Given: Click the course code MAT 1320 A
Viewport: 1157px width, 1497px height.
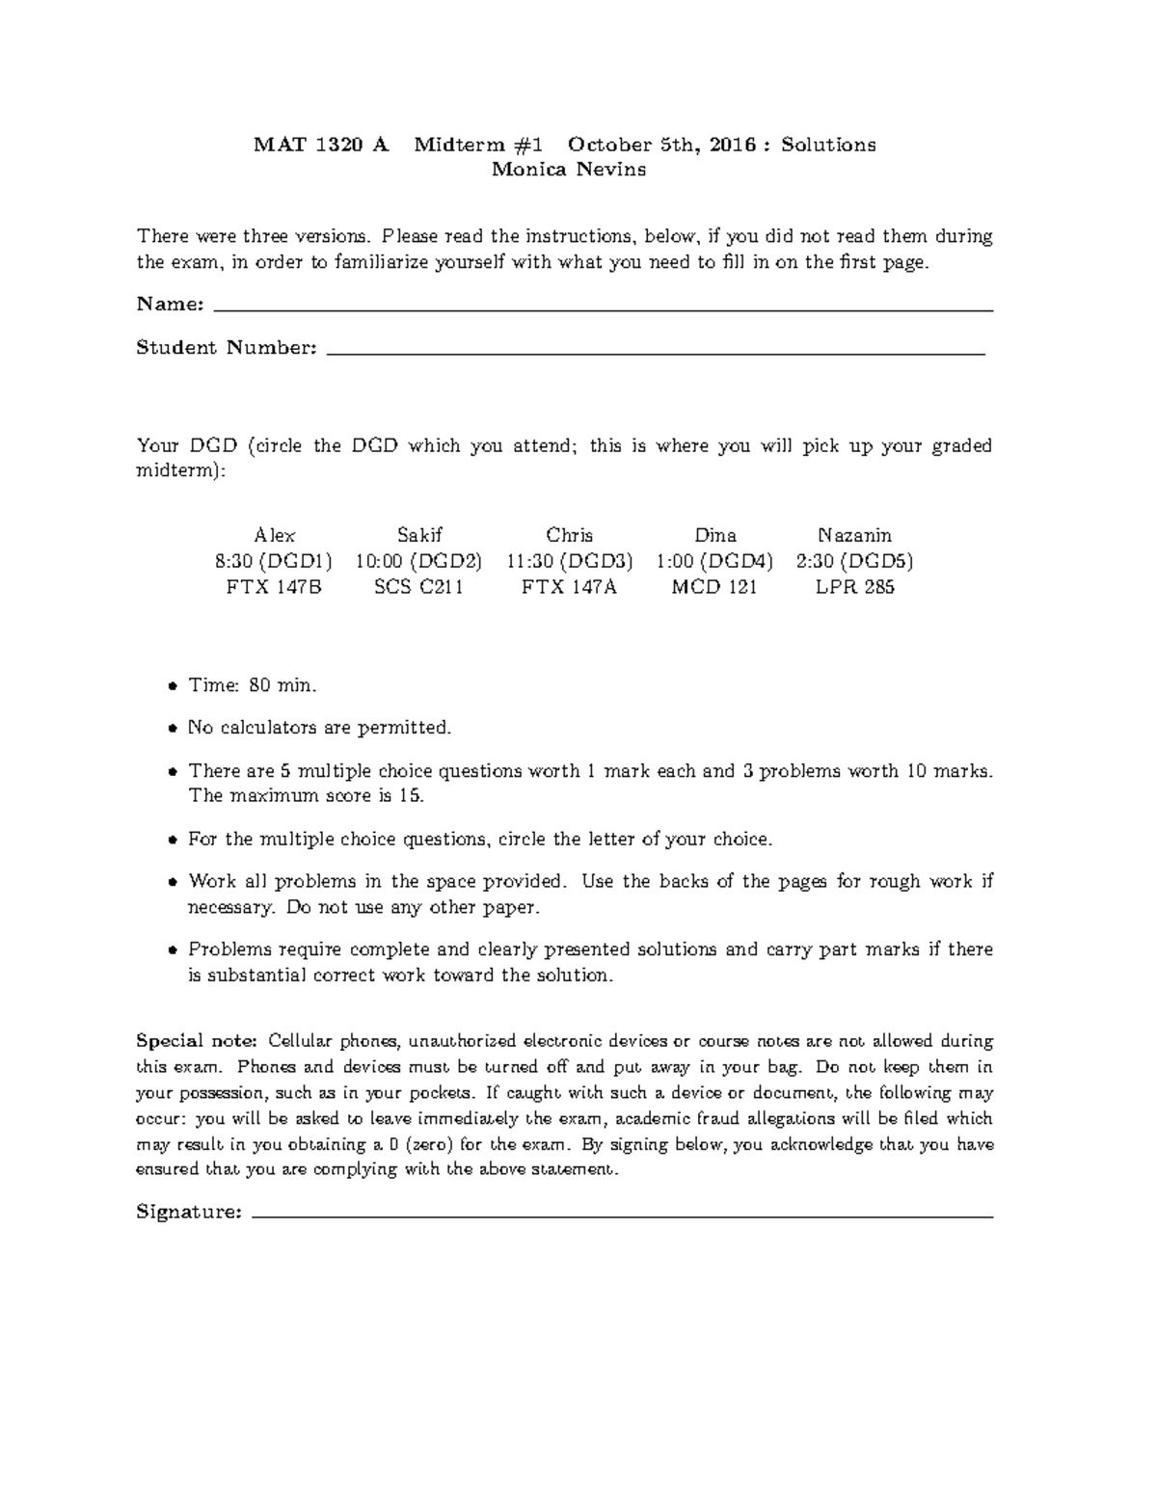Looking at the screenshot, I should click(320, 145).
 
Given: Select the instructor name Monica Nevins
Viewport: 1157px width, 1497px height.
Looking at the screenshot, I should click(569, 171).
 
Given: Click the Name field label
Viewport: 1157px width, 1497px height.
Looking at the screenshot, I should click(170, 305).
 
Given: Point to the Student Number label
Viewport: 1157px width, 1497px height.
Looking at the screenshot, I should click(227, 348).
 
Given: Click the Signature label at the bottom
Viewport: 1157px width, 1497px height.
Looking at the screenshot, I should click(189, 1212).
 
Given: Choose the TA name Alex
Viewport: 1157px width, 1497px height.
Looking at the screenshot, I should click(274, 535).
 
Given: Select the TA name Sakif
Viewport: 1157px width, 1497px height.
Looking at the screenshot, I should click(419, 535).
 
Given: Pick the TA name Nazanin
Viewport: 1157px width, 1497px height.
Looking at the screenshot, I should click(854, 535).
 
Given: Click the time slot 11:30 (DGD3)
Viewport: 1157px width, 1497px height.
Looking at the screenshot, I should click(569, 561).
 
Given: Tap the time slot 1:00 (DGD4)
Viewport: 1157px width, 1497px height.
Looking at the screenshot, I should click(714, 561).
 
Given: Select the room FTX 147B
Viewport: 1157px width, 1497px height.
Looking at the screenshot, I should click(274, 587).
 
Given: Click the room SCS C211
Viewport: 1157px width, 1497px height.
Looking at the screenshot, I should click(419, 587).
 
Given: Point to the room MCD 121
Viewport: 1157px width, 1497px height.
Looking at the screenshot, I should click(714, 587).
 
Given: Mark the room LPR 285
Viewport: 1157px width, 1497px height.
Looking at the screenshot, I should click(854, 587).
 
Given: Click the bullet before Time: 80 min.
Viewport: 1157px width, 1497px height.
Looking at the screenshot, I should click(172, 687).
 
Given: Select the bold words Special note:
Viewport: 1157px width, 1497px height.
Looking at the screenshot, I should click(197, 1041).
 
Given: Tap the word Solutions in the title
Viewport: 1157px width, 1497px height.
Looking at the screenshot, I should click(828, 145).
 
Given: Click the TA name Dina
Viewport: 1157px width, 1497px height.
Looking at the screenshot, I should click(714, 535).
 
